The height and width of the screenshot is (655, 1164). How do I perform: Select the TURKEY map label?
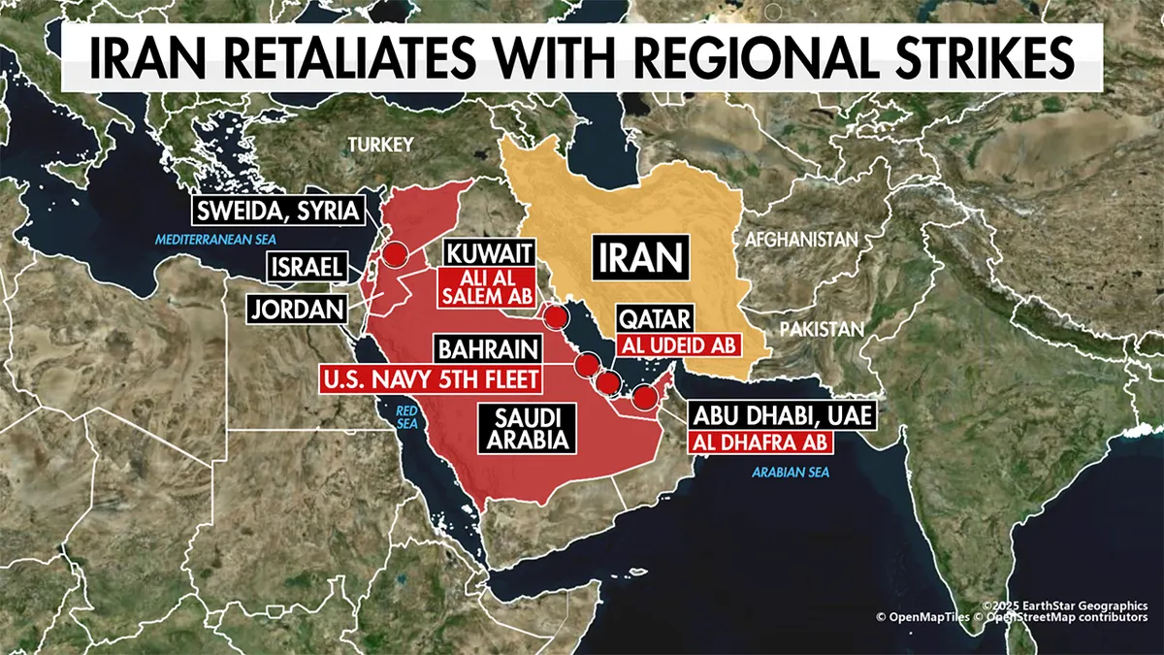381,145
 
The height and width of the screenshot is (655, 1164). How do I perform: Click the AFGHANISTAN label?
801,239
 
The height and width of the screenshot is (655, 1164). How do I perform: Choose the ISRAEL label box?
307,266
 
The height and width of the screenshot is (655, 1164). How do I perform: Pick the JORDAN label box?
298,310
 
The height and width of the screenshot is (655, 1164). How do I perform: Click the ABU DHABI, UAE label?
784,417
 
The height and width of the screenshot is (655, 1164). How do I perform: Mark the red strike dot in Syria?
393,254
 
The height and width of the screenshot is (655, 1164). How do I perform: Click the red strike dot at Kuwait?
555,316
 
